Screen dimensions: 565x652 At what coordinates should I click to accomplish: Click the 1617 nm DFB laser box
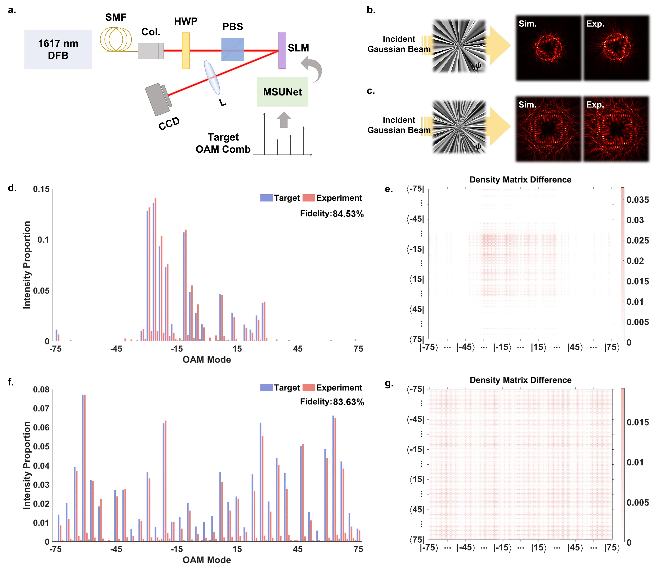pyautogui.click(x=58, y=49)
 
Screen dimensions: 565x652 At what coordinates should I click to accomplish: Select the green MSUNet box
pyautogui.click(x=282, y=92)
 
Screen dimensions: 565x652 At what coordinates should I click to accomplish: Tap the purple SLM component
pyautogui.click(x=282, y=50)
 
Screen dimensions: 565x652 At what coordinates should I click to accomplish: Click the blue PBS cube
pyautogui.click(x=232, y=50)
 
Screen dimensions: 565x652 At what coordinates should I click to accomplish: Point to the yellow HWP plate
pyautogui.click(x=186, y=51)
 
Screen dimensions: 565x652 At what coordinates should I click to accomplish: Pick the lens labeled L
pyautogui.click(x=212, y=77)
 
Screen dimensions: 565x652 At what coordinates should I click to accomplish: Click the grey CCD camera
pyautogui.click(x=158, y=99)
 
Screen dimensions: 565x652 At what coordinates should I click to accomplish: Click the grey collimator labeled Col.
pyautogui.click(x=150, y=51)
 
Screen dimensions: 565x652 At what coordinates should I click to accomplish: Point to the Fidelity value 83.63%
pyautogui.click(x=348, y=402)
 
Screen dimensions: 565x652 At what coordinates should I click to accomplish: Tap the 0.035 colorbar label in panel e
pyautogui.click(x=637, y=200)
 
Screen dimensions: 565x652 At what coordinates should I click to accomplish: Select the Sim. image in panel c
pyautogui.click(x=548, y=129)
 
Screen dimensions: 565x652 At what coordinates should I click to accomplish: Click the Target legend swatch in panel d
pyautogui.click(x=266, y=198)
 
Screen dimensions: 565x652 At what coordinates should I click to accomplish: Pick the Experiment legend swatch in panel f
pyautogui.click(x=309, y=387)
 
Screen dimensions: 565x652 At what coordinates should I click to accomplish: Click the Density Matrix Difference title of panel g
pyautogui.click(x=520, y=380)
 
